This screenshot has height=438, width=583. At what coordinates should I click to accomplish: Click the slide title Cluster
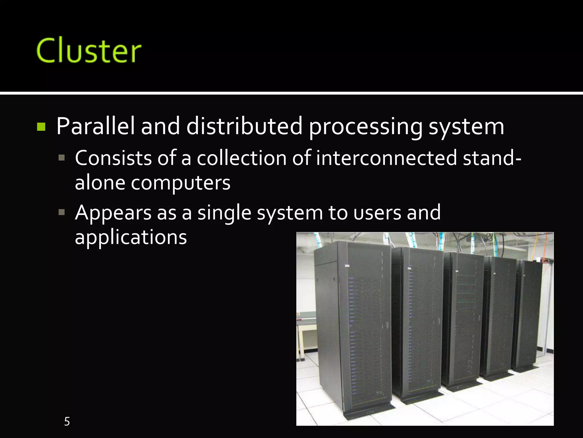89,50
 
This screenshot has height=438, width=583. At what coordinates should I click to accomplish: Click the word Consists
113,158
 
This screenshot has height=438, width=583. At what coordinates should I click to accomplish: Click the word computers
180,183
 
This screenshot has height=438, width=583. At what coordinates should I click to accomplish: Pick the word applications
131,238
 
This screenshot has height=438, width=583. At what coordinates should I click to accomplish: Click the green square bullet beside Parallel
41,127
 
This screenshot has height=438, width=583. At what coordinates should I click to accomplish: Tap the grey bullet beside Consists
61,158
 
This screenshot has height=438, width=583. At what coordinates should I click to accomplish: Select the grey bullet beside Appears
61,212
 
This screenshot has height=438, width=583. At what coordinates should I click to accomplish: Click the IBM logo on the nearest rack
347,266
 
